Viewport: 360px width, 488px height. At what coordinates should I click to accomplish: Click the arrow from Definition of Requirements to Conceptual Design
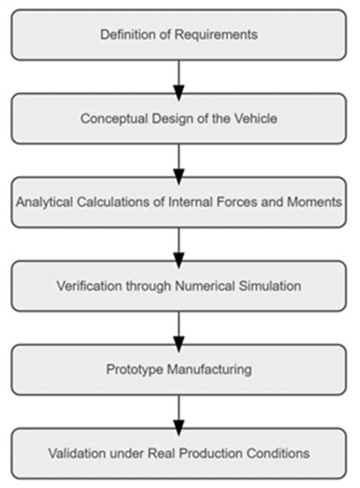(x=179, y=77)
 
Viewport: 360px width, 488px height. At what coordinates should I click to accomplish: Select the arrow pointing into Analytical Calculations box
(x=179, y=160)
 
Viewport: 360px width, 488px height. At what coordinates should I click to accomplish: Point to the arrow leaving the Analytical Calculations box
(x=179, y=244)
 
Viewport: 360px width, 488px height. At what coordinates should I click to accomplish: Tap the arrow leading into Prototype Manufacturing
(x=179, y=328)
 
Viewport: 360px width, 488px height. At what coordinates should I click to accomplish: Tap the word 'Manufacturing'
(x=205, y=369)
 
